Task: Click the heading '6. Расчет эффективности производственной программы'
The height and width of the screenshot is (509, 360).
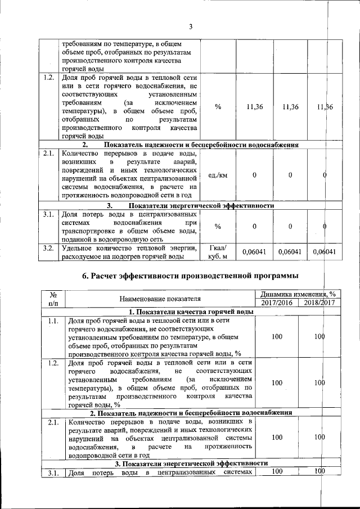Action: click(x=190, y=275)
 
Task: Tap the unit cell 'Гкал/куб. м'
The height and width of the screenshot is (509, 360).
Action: click(x=218, y=253)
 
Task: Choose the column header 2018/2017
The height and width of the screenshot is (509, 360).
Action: click(x=316, y=303)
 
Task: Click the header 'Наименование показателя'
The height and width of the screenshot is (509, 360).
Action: click(x=160, y=299)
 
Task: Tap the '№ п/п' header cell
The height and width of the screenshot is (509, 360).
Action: click(x=54, y=299)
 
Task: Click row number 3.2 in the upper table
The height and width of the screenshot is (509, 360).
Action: click(x=48, y=248)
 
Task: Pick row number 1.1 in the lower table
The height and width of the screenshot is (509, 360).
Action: click(x=54, y=321)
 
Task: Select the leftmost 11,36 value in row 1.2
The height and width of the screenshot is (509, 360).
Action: click(x=254, y=107)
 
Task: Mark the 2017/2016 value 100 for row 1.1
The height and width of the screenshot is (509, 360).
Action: click(x=276, y=336)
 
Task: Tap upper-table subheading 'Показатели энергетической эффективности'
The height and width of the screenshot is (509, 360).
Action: click(x=190, y=205)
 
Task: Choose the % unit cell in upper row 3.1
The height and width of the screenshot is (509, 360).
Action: click(x=217, y=226)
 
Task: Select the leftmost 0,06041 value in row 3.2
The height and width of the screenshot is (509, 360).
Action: click(x=254, y=253)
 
